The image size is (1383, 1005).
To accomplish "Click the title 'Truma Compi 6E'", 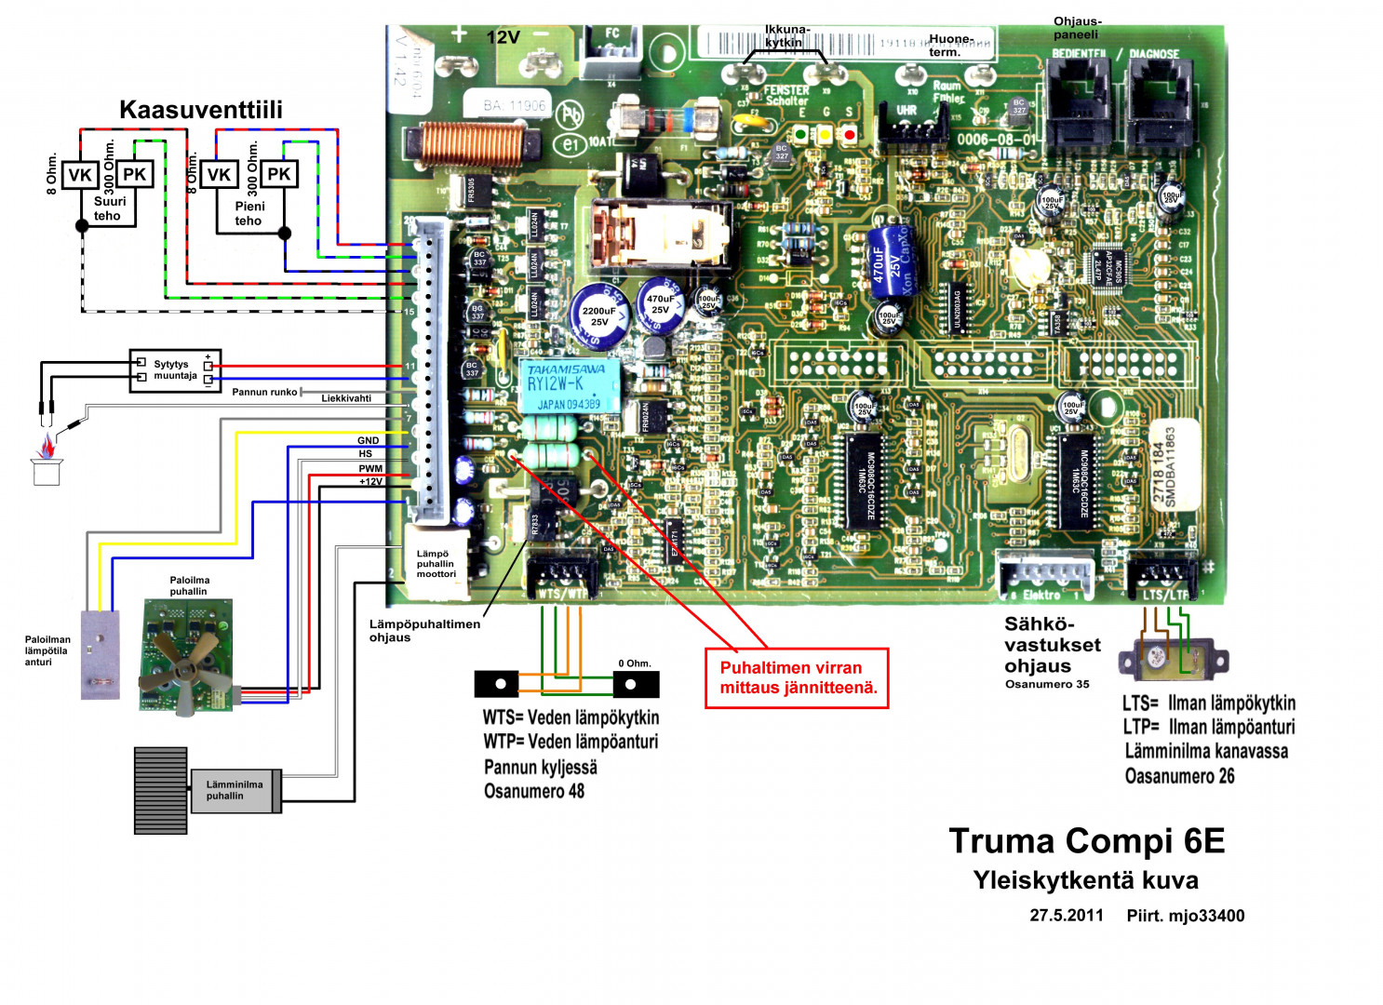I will pos(1086,841).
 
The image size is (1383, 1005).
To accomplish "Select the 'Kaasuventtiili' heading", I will pos(200,110).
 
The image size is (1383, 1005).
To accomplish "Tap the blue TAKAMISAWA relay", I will pos(571,386).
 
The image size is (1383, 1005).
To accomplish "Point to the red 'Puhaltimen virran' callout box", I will pos(797,678).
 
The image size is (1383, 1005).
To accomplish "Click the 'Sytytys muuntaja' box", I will pos(175,370).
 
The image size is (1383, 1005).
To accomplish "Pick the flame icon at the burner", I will pos(46,449).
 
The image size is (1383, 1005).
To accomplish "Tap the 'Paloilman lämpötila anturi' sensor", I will pos(100,654).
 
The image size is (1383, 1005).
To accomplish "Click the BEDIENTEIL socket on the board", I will pos(1078,102).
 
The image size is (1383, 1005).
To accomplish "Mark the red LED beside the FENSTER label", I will pos(849,134).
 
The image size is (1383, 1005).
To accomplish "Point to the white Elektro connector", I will pos(1044,574).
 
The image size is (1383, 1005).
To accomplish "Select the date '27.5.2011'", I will pos(1066,916).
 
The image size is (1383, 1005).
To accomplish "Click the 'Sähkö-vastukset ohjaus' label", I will pos(1052,645).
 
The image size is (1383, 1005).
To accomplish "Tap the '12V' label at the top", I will pos(503,37).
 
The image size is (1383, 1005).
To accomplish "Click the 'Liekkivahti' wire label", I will pos(346,398).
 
